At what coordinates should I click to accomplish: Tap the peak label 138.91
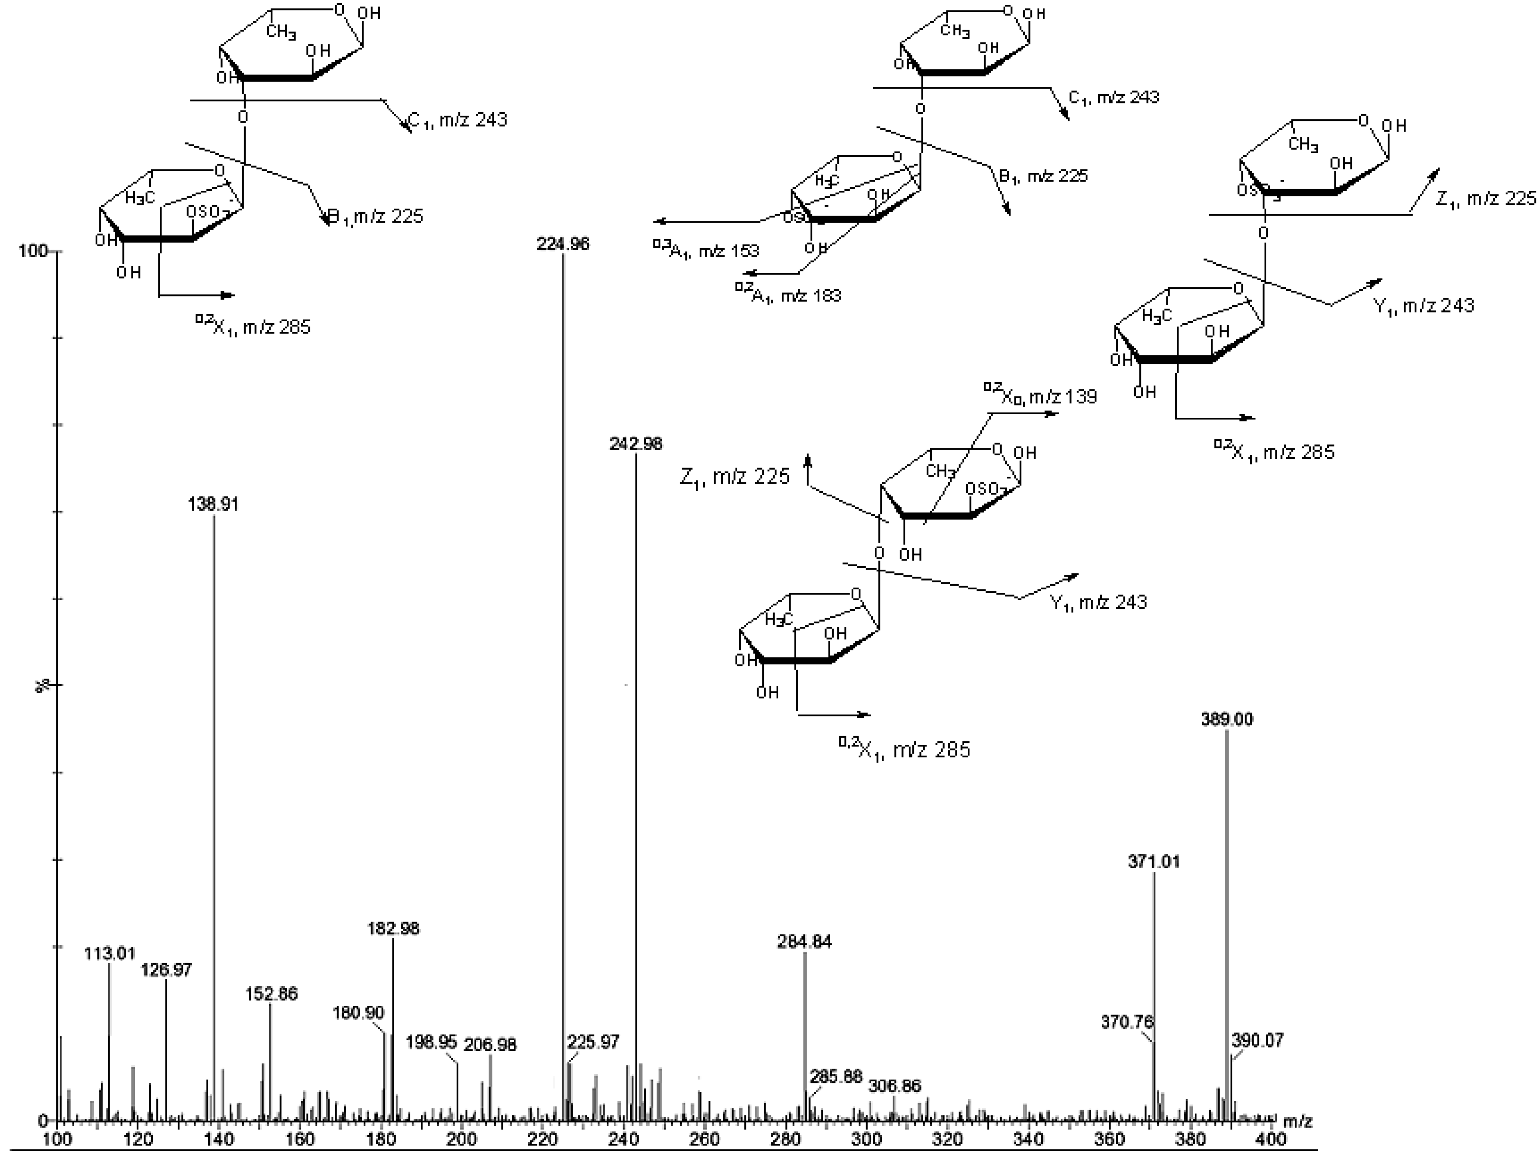tap(213, 504)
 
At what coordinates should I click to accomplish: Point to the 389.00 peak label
tap(1227, 719)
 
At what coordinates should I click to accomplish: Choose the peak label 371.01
tap(1154, 862)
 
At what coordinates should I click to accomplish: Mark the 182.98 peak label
tap(393, 929)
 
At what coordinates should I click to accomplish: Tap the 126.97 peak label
tap(166, 970)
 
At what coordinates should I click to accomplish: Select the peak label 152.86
tap(271, 994)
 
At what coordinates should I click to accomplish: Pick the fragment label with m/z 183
tap(787, 295)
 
